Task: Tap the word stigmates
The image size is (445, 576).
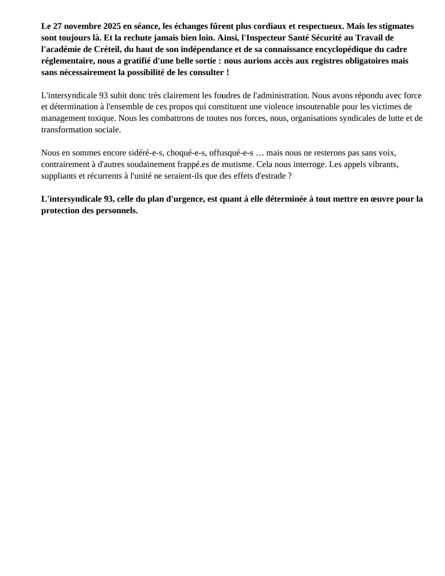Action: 396,26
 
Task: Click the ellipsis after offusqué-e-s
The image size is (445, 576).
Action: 260,153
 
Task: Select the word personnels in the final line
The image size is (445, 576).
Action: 117,211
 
